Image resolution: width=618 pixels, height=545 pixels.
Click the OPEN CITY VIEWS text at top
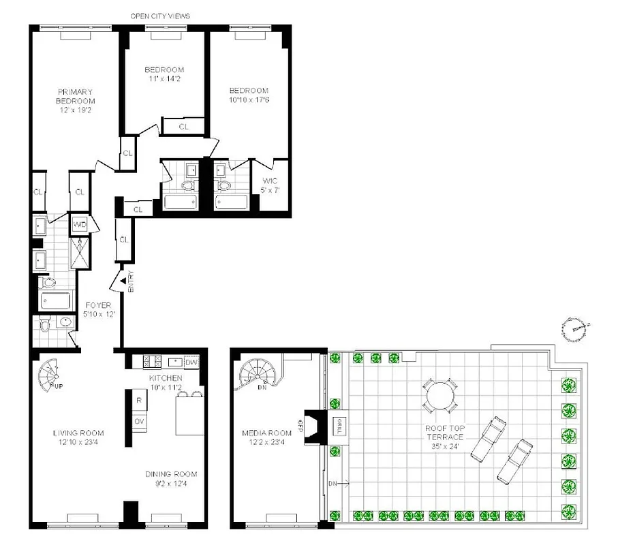(161, 15)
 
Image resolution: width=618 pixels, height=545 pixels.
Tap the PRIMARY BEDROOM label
(76, 101)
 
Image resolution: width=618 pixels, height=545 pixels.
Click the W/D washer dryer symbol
(80, 225)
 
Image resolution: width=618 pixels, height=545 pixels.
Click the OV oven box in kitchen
(138, 422)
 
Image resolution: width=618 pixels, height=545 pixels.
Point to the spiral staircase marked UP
(52, 377)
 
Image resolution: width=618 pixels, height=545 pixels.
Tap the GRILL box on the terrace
(336, 426)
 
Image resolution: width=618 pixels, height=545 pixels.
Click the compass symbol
(576, 329)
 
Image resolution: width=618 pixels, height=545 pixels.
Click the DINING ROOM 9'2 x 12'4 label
(171, 479)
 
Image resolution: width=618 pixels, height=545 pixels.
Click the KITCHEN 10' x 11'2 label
(166, 382)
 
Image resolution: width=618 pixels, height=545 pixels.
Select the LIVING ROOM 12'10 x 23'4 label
(78, 437)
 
